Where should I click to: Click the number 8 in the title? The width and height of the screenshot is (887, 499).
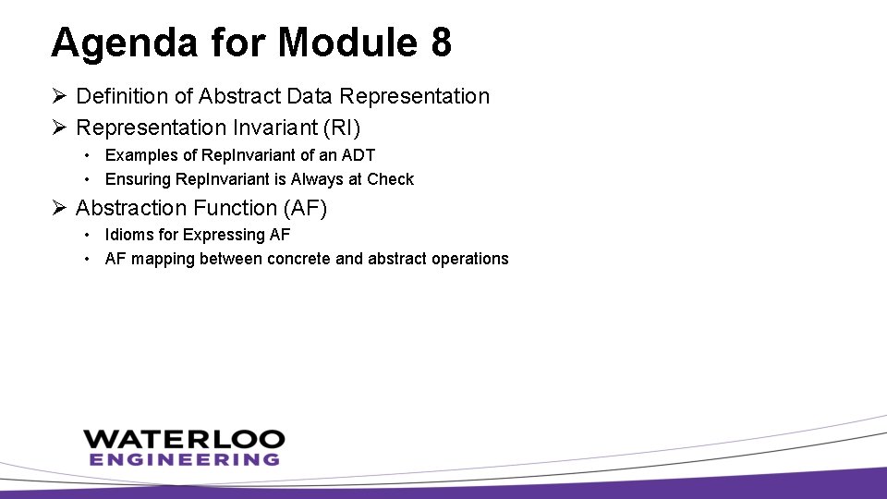click(x=440, y=43)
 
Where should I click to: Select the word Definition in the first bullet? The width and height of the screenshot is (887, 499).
click(x=118, y=96)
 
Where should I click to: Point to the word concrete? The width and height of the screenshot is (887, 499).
click(x=298, y=259)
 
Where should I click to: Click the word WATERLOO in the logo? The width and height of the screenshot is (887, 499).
click(x=184, y=439)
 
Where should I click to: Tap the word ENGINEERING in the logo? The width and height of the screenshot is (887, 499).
click(x=184, y=459)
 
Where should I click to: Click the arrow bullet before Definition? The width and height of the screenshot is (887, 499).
click(x=59, y=96)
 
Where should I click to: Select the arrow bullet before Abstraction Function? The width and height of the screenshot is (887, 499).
click(x=59, y=208)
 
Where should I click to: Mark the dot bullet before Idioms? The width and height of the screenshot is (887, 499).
click(x=85, y=235)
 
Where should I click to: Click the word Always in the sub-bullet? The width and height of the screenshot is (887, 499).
click(x=317, y=178)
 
